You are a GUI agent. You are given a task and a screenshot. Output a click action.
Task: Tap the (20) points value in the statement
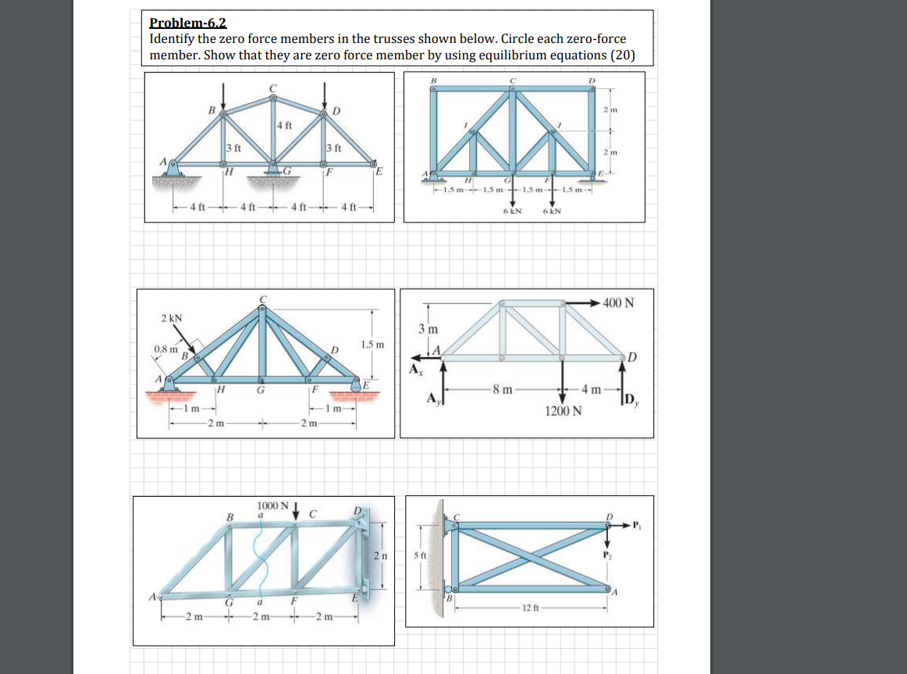point(623,55)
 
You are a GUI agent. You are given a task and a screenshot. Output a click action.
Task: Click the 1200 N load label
point(562,411)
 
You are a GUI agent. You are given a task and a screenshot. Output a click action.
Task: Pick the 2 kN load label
point(172,318)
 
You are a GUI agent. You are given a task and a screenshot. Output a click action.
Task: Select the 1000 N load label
point(273,506)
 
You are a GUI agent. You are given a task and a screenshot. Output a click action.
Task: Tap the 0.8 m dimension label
point(166,348)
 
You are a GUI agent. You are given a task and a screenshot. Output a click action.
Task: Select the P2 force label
point(610,554)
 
